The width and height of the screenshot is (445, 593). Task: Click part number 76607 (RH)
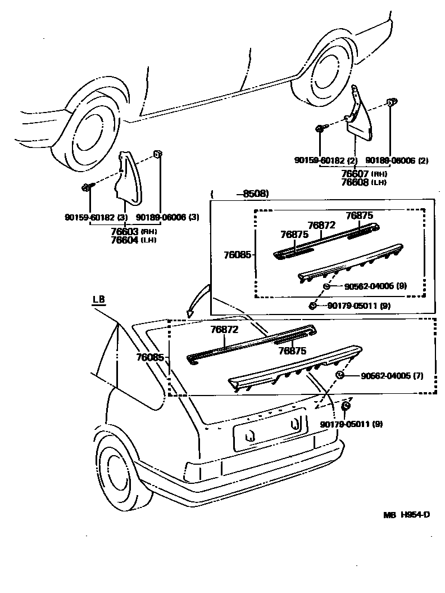363,174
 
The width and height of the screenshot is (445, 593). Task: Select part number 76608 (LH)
363,182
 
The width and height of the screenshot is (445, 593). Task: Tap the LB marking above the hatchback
99,299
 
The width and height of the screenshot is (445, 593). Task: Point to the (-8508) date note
240,194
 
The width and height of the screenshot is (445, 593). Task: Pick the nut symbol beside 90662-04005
339,375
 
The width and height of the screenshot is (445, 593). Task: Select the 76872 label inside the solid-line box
321,225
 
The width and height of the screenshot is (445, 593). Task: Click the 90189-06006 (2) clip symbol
391,102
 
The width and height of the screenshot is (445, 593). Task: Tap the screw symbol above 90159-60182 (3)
87,187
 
